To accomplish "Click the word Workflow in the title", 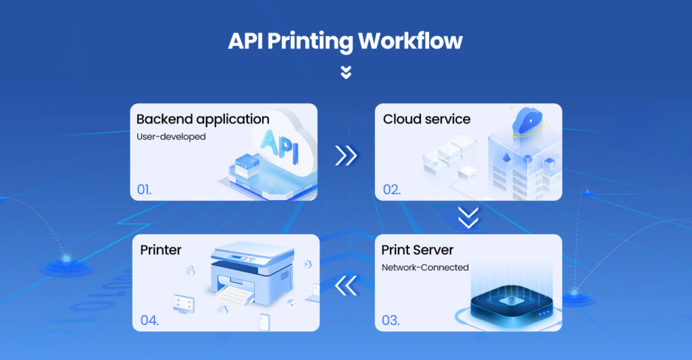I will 410,41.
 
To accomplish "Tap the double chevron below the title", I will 346,72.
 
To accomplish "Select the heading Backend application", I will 203,120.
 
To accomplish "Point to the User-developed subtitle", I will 171,136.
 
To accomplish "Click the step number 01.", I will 145,189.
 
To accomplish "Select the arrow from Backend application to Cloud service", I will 346,155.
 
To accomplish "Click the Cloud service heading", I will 426,120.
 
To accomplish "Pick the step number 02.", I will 392,189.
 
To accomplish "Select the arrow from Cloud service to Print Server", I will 468,217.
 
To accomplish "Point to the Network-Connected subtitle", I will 425,267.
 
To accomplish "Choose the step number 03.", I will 391,319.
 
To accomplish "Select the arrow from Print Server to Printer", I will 346,285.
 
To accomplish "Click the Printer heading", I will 161,250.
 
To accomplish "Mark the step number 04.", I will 149,319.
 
